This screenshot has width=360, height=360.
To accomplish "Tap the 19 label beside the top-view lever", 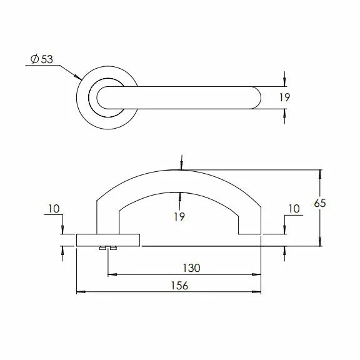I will tap(285, 97).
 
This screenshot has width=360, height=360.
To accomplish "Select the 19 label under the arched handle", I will tap(179, 216).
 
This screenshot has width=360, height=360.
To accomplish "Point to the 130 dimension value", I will tap(191, 267).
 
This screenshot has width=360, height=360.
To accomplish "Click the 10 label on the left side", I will tap(54, 209).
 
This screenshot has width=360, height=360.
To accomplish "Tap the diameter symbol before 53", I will tap(34, 59).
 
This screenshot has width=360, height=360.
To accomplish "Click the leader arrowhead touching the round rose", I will tap(79, 78).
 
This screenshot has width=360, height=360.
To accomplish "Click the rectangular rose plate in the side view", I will tap(107, 240).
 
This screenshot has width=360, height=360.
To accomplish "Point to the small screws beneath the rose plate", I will tap(107, 249).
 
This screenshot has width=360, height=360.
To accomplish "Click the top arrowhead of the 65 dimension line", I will tap(320, 172).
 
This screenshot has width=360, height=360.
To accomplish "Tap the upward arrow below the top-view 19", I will tap(285, 113).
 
